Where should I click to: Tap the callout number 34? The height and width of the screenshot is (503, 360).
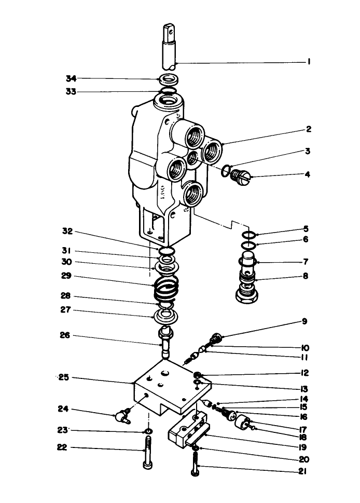[71, 78]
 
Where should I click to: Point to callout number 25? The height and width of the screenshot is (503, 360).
[64, 378]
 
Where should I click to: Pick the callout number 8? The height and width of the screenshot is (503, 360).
[306, 276]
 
